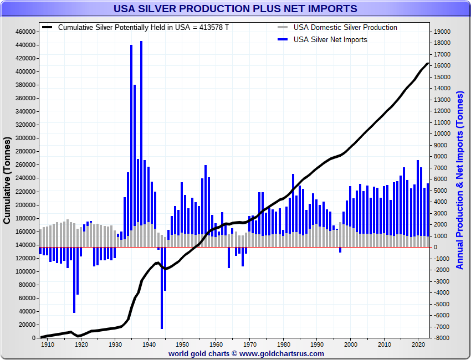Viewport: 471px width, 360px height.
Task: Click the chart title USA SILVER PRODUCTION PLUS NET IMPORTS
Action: pos(235,9)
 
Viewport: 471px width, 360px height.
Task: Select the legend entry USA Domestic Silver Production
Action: pos(345,28)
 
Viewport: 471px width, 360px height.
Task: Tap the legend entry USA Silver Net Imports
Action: pos(330,39)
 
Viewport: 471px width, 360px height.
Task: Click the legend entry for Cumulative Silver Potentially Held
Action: pos(143,28)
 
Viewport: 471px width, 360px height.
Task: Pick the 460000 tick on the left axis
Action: pos(25,32)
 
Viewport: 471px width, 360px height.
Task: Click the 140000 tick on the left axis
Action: pos(25,245)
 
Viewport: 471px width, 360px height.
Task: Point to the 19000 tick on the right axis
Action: pos(443,32)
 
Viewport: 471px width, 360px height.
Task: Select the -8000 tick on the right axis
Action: pos(443,338)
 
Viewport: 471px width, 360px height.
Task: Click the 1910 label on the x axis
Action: pos(48,344)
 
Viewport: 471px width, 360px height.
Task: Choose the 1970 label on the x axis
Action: pos(249,344)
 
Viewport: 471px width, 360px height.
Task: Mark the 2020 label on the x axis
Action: pos(418,344)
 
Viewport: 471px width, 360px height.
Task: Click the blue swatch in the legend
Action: pos(283,39)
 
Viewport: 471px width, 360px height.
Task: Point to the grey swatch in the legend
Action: pos(283,28)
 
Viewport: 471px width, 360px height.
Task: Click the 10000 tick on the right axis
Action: pos(443,133)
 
